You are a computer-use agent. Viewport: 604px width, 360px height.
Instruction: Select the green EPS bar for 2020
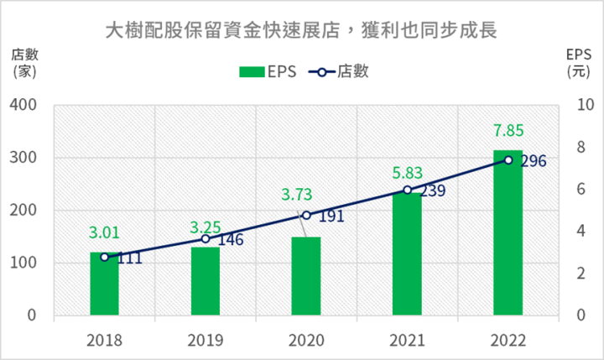(306, 276)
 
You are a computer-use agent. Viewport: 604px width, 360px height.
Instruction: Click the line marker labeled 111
(104, 257)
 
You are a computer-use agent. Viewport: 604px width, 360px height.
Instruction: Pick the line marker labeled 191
(306, 215)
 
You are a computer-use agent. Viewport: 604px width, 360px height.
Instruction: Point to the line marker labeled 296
(508, 159)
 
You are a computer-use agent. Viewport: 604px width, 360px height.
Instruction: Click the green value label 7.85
(508, 131)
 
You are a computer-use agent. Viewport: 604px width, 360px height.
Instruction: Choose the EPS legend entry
(267, 71)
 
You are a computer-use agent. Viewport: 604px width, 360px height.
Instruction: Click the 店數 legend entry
(339, 71)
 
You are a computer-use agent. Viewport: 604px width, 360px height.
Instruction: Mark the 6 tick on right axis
(580, 189)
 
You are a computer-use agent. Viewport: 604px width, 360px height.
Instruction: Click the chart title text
(301, 31)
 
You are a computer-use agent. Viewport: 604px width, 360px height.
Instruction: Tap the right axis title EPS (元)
(578, 62)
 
